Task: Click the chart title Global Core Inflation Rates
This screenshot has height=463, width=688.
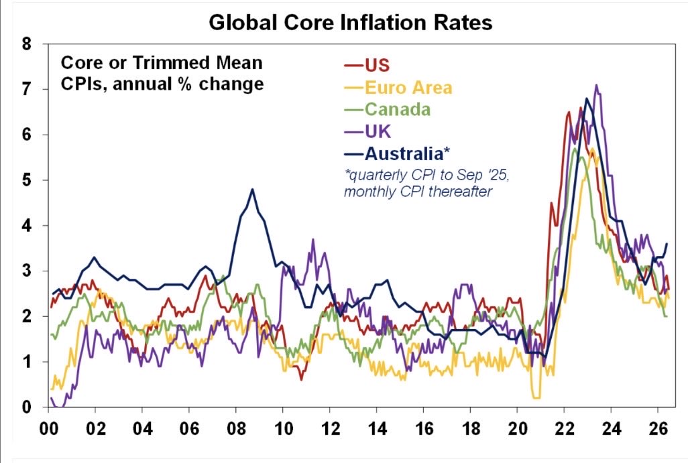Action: point(350,22)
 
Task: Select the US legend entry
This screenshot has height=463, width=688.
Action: point(367,65)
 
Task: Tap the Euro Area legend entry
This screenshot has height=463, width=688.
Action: point(398,88)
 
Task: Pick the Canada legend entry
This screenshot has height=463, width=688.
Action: point(387,109)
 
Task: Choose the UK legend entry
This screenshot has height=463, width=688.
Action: point(367,131)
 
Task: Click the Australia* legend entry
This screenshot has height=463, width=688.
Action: point(397,153)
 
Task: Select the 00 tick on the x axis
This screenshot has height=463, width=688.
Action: point(49,428)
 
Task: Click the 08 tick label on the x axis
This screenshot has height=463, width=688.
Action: point(236,428)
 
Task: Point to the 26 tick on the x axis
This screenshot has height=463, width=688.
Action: point(658,428)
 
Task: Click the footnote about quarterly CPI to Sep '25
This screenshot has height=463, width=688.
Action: point(426,184)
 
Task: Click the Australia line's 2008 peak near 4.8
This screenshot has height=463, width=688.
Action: point(252,190)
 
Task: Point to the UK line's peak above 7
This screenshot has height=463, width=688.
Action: point(596,85)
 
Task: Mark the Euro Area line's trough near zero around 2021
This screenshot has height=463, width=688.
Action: point(536,398)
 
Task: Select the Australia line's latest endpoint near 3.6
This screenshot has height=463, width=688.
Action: point(667,244)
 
